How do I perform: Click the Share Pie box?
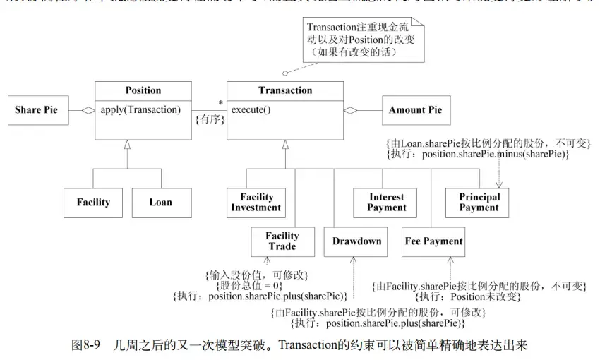tap(37, 110)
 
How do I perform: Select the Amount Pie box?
tap(416, 110)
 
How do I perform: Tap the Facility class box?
tap(93, 203)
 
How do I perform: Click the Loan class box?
tap(160, 203)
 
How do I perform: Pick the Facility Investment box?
tap(256, 203)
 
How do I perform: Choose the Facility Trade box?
tap(282, 241)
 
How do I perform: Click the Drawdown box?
tap(356, 241)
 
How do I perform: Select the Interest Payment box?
tap(386, 203)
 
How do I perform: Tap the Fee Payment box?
tap(433, 241)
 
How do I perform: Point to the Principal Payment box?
tap(479, 203)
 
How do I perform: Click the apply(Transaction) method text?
tap(140, 109)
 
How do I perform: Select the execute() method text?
tap(251, 109)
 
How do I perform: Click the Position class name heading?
tap(143, 90)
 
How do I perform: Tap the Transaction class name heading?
tap(284, 90)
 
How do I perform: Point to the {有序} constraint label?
tap(210, 120)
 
